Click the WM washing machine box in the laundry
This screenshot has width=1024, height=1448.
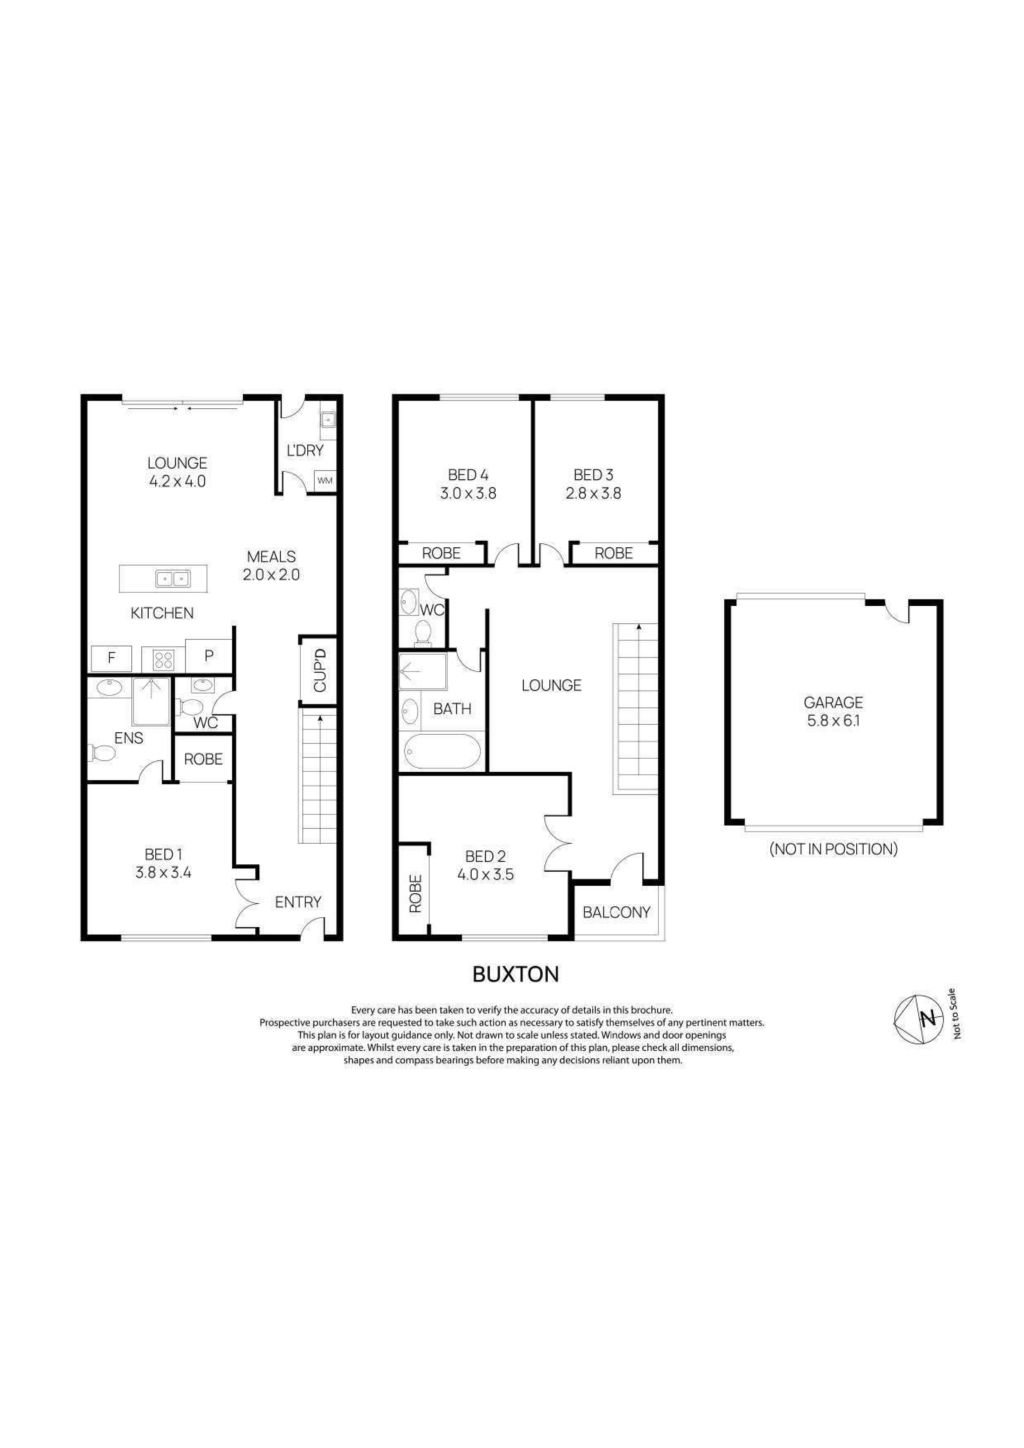pyautogui.click(x=325, y=480)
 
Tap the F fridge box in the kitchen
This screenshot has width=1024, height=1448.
pyautogui.click(x=112, y=658)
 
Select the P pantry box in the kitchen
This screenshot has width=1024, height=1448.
pyautogui.click(x=209, y=656)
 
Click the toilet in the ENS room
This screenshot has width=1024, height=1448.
pyautogui.click(x=103, y=752)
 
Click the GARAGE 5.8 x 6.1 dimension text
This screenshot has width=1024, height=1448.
pyautogui.click(x=833, y=719)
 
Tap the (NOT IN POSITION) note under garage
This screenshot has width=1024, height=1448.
pyautogui.click(x=833, y=849)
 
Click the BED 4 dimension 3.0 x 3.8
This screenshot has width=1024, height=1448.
pyautogui.click(x=468, y=493)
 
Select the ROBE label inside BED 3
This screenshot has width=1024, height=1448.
pyautogui.click(x=613, y=553)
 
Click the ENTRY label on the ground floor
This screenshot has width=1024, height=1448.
pyautogui.click(x=298, y=902)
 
